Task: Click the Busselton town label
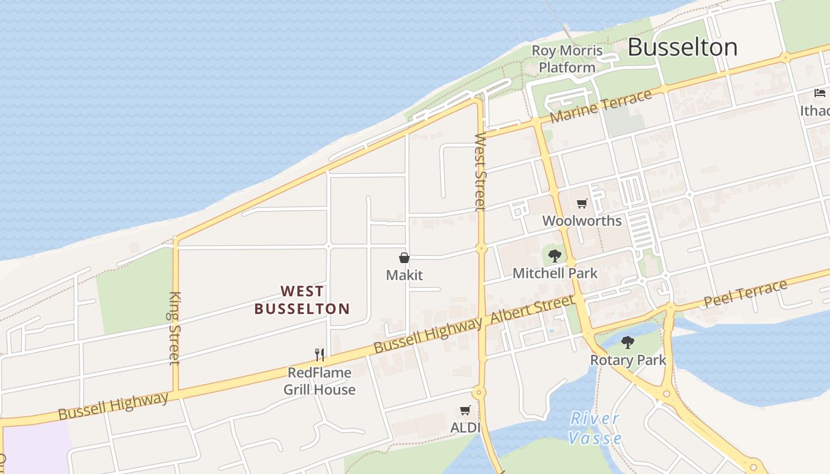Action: tap(682, 47)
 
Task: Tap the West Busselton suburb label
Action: tap(302, 300)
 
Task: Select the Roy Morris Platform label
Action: tap(567, 59)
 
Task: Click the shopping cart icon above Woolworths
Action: tap(582, 204)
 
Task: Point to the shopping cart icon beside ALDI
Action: tap(465, 410)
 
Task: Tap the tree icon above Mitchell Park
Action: tap(555, 256)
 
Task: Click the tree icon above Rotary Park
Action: tap(627, 342)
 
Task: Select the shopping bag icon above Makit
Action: tap(404, 258)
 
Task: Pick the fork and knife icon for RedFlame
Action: tap(320, 355)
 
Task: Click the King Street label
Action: tap(174, 328)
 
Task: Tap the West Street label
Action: tap(480, 172)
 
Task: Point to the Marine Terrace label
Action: tap(601, 107)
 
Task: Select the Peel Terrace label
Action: tap(745, 294)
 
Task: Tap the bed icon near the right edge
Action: tap(820, 93)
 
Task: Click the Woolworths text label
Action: tap(582, 221)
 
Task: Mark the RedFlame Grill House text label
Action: tap(320, 381)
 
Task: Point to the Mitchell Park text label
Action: tap(555, 273)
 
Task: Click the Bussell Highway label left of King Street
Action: tap(113, 405)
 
